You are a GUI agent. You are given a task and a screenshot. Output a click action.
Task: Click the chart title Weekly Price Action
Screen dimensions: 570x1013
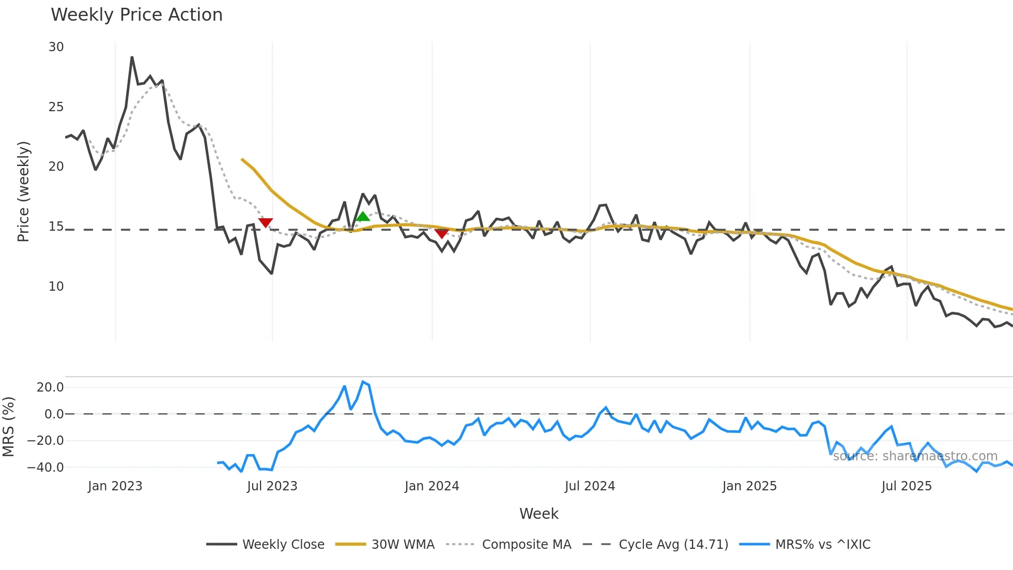point(136,15)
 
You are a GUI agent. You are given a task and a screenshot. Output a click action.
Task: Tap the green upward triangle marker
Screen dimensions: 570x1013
point(363,217)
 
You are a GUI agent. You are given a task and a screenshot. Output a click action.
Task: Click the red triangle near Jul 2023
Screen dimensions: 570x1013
point(266,223)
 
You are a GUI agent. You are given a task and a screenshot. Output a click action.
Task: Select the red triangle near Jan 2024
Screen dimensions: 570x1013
point(441,234)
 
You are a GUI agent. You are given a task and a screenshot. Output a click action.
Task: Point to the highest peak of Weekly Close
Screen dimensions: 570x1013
point(132,57)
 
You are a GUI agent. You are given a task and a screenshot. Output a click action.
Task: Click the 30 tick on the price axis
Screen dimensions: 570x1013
point(56,47)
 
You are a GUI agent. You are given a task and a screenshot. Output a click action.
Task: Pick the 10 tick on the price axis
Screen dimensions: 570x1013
point(56,287)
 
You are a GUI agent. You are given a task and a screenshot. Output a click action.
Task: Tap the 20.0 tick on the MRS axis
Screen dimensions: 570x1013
point(50,387)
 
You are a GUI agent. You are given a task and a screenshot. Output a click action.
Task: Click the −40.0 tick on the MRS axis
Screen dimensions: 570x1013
point(45,468)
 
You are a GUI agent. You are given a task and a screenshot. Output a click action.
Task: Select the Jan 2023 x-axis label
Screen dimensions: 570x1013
point(115,486)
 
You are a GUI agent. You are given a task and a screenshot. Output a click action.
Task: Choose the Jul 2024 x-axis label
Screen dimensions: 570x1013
point(590,486)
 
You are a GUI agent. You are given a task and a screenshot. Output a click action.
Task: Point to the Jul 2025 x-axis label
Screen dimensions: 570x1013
point(907,486)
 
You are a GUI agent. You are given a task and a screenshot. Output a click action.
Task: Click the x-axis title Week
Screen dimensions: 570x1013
point(539,514)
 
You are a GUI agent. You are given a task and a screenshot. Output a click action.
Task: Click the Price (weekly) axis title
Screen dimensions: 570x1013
point(23,191)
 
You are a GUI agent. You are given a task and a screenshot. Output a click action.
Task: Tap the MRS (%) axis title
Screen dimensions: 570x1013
point(8,427)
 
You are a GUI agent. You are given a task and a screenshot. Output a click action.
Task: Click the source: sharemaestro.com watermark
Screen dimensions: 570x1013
point(915,456)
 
